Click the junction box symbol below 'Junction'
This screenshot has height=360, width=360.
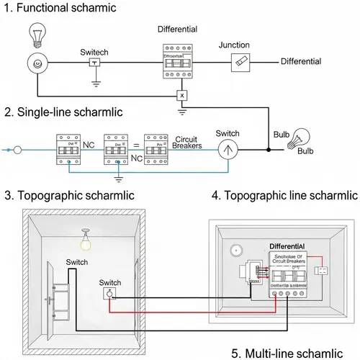tap(239, 63)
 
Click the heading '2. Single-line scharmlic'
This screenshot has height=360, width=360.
tap(64, 112)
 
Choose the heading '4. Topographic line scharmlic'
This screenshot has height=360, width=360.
tap(284, 195)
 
